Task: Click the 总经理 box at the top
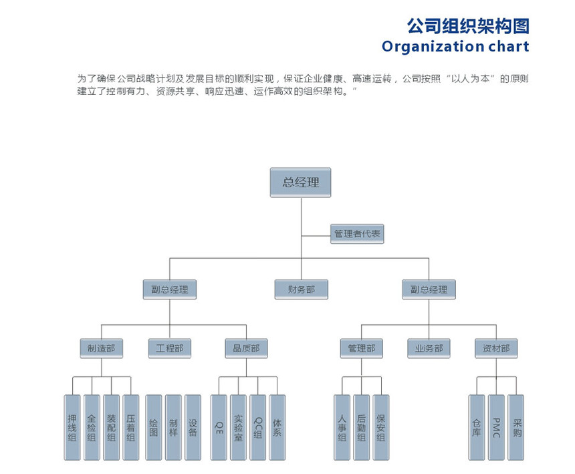(x=300, y=182)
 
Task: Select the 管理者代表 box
(x=357, y=234)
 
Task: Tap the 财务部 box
(x=301, y=289)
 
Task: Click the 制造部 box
(x=101, y=348)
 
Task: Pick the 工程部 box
(x=169, y=348)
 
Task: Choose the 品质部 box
(x=246, y=348)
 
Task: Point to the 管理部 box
(x=362, y=348)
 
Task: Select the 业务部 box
(x=429, y=348)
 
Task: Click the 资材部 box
(x=496, y=348)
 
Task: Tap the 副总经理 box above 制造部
(x=170, y=289)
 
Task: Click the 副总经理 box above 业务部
(x=429, y=289)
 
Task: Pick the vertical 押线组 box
(x=72, y=427)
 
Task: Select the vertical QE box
(x=219, y=427)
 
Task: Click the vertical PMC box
(x=496, y=427)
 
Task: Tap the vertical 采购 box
(x=516, y=427)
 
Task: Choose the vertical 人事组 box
(x=342, y=427)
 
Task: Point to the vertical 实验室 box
(x=239, y=427)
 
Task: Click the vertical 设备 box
(x=193, y=427)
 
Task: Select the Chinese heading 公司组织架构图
(x=468, y=26)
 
